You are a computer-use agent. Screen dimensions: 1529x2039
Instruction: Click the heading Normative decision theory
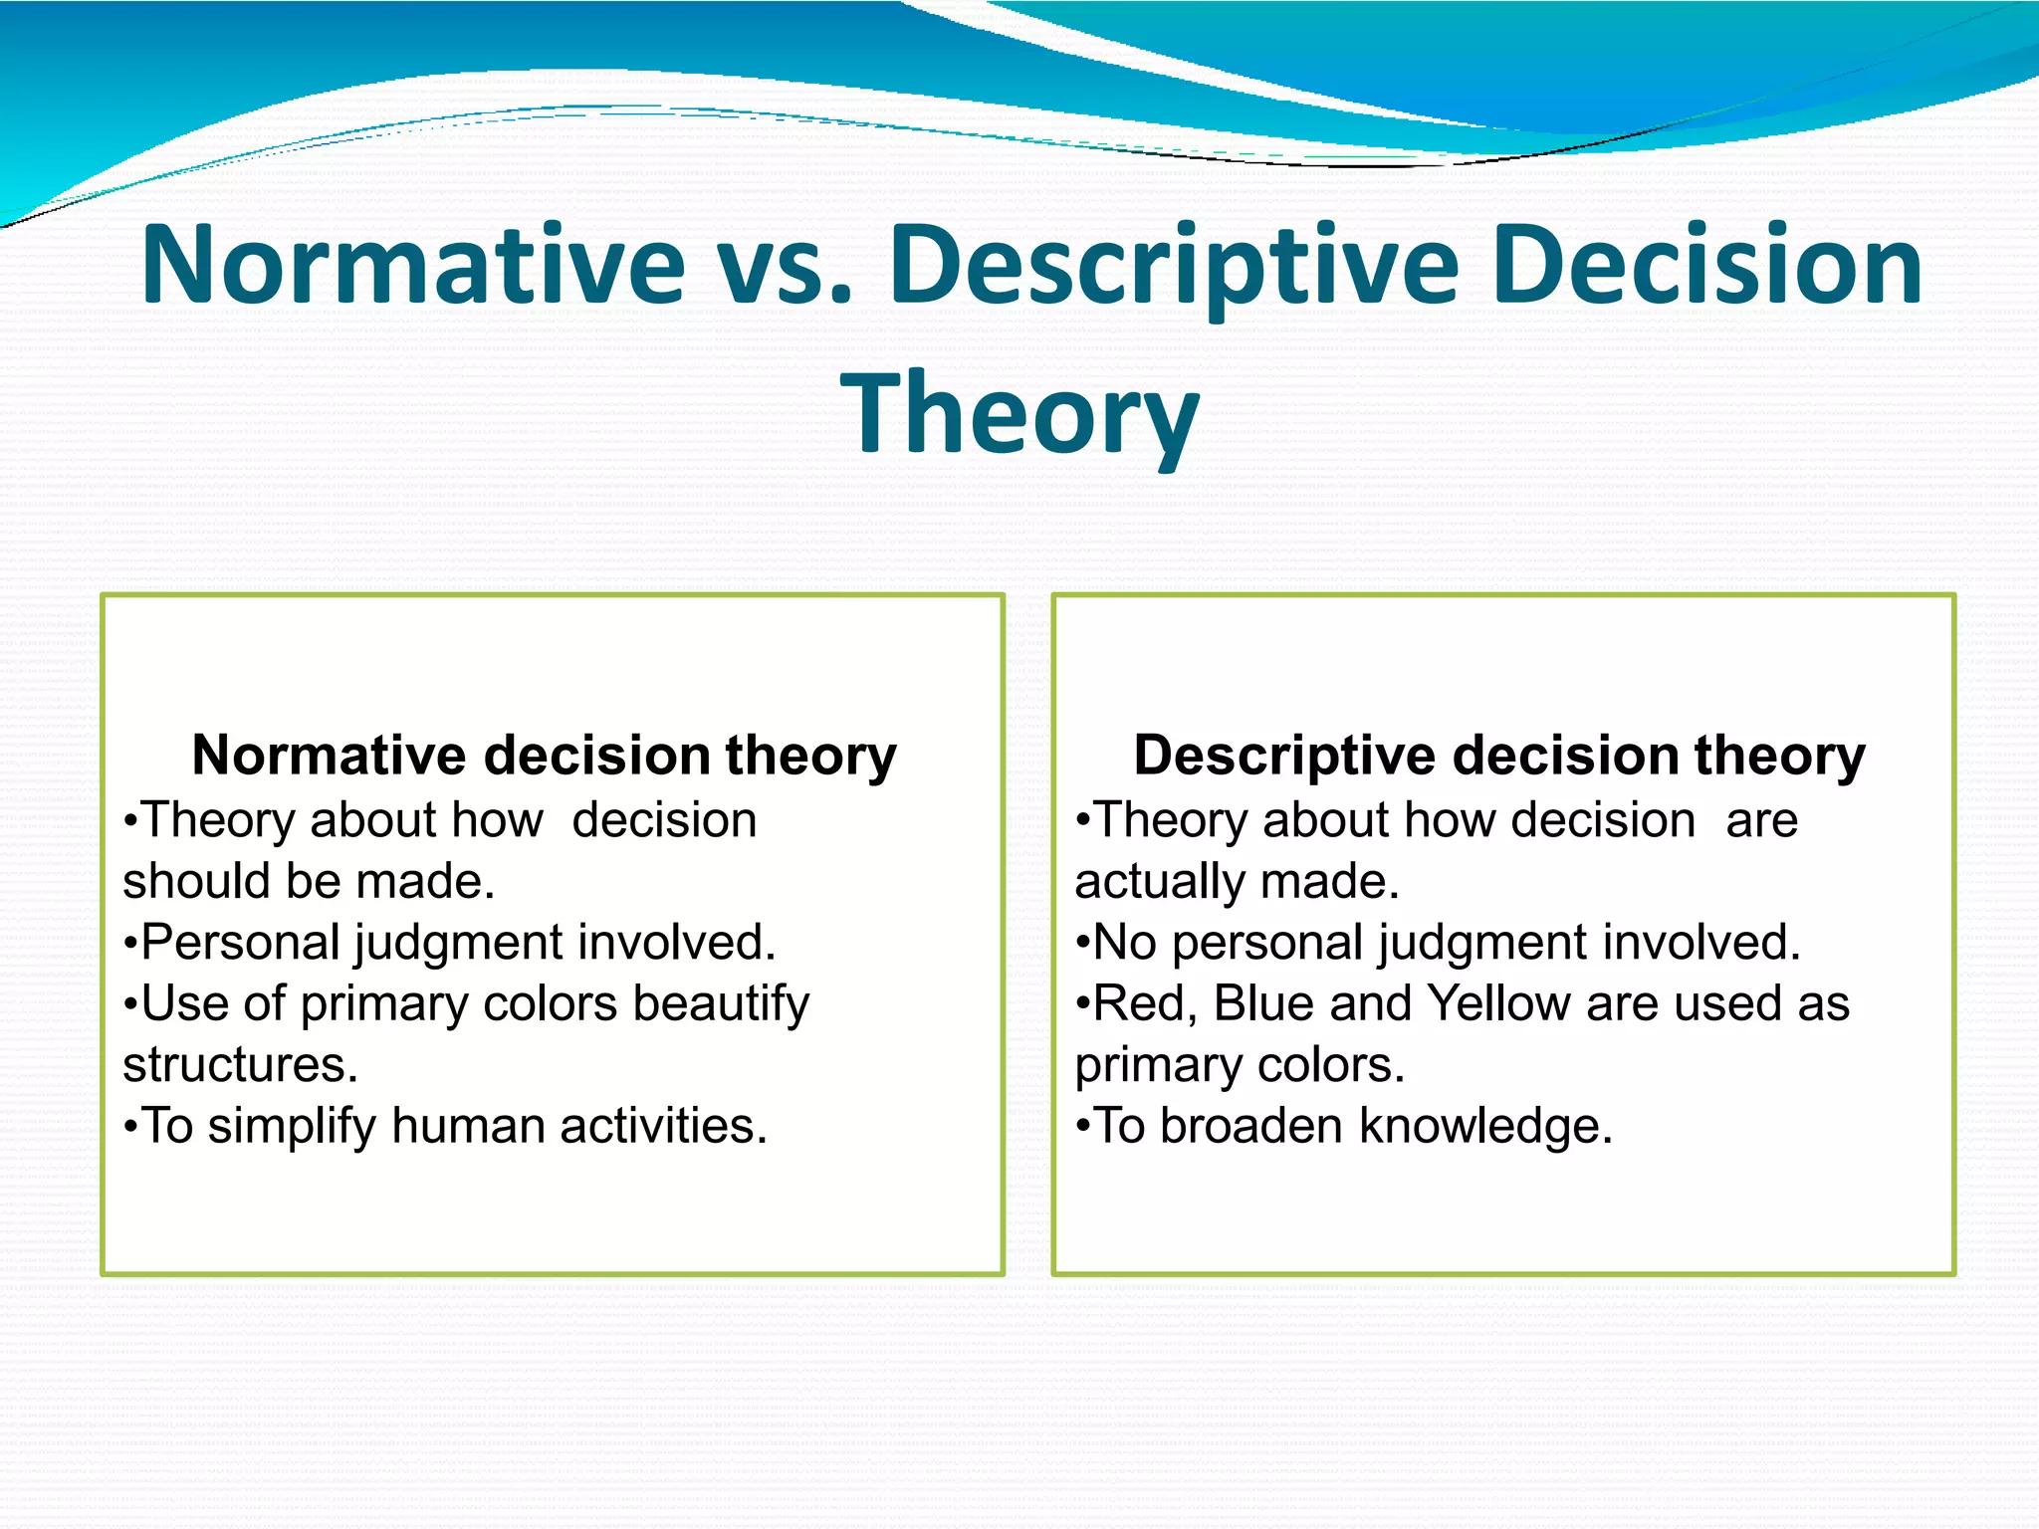[544, 755]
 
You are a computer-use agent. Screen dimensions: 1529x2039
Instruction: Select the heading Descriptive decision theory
[1499, 755]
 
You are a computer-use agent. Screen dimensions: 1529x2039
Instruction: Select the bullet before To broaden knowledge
[1083, 1128]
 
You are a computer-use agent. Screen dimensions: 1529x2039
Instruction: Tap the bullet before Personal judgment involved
[130, 944]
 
